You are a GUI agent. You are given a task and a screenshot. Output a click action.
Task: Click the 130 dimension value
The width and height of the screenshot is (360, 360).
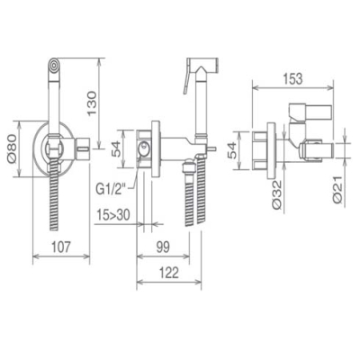(92, 103)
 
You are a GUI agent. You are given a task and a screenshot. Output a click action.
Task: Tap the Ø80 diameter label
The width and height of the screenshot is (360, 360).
(12, 148)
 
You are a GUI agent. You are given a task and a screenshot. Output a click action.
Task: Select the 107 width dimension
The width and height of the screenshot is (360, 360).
(61, 247)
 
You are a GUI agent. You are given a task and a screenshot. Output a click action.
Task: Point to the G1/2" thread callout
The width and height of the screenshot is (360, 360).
(111, 190)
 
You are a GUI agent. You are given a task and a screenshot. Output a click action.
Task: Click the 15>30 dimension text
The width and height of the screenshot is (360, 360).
(113, 215)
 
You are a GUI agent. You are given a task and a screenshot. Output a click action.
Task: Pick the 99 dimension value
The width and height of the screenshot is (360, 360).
(163, 247)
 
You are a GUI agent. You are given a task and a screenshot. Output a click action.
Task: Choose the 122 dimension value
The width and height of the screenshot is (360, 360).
(168, 273)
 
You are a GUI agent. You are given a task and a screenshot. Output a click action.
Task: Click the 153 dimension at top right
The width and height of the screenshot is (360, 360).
(292, 78)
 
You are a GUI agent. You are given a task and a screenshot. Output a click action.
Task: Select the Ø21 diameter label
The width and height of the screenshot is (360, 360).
(338, 190)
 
